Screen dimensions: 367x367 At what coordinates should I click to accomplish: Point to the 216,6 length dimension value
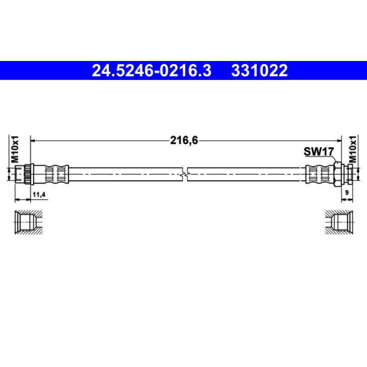[184, 141]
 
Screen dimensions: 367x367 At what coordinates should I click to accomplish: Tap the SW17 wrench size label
[318, 151]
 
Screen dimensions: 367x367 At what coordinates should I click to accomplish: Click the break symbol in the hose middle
[184, 175]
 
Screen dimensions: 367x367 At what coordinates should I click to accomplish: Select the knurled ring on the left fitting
[28, 175]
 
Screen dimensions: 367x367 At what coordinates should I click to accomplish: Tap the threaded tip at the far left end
[19, 175]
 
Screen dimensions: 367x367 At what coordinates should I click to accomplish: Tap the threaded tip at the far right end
[350, 175]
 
